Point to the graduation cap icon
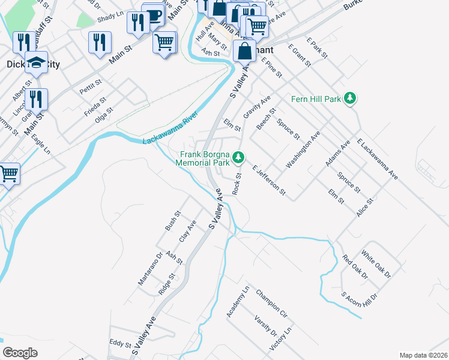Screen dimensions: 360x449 pyautogui.click(x=36, y=62)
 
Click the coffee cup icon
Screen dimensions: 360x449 pyautogui.click(x=153, y=15)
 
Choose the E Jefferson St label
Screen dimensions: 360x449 pyautogui.click(x=269, y=182)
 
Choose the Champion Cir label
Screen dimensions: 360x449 pyautogui.click(x=271, y=303)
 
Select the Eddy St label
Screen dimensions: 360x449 pyautogui.click(x=120, y=343)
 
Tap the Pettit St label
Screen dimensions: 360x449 pyautogui.click(x=91, y=88)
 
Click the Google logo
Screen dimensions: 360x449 pyautogui.click(x=20, y=353)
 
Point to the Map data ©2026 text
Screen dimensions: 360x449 pyautogui.click(x=423, y=355)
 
